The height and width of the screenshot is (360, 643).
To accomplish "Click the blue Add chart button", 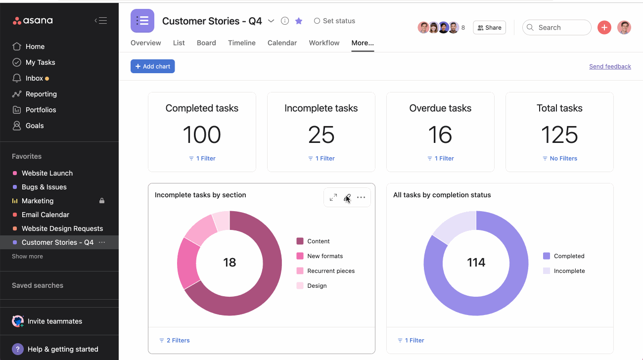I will pyautogui.click(x=152, y=66).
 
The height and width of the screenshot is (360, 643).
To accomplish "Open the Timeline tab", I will pyautogui.click(x=241, y=43).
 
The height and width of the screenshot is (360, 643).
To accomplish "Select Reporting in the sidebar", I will pyautogui.click(x=41, y=94).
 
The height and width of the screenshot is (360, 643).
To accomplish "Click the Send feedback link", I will pyautogui.click(x=610, y=66).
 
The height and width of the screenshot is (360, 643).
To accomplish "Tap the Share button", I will pyautogui.click(x=489, y=28).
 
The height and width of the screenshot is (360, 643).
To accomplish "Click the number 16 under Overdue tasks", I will pyautogui.click(x=440, y=135).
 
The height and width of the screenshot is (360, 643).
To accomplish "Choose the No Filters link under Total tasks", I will pyautogui.click(x=559, y=158).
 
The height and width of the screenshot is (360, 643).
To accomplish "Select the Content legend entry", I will pyautogui.click(x=318, y=241).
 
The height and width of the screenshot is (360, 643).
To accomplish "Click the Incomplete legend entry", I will pyautogui.click(x=569, y=271).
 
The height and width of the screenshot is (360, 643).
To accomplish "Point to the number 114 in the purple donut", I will pyautogui.click(x=476, y=263).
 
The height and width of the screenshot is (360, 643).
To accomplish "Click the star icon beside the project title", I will pyautogui.click(x=299, y=21).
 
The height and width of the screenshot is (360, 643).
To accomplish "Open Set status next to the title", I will pyautogui.click(x=334, y=21).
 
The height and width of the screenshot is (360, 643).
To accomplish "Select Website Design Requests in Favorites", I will pyautogui.click(x=62, y=228).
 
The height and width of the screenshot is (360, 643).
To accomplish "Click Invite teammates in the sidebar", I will pyautogui.click(x=54, y=321).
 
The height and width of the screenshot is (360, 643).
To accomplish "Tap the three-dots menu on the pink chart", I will pyautogui.click(x=361, y=197).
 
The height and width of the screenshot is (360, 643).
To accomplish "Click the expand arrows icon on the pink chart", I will pyautogui.click(x=333, y=197).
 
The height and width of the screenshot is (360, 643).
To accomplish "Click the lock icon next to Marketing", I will pyautogui.click(x=102, y=201).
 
